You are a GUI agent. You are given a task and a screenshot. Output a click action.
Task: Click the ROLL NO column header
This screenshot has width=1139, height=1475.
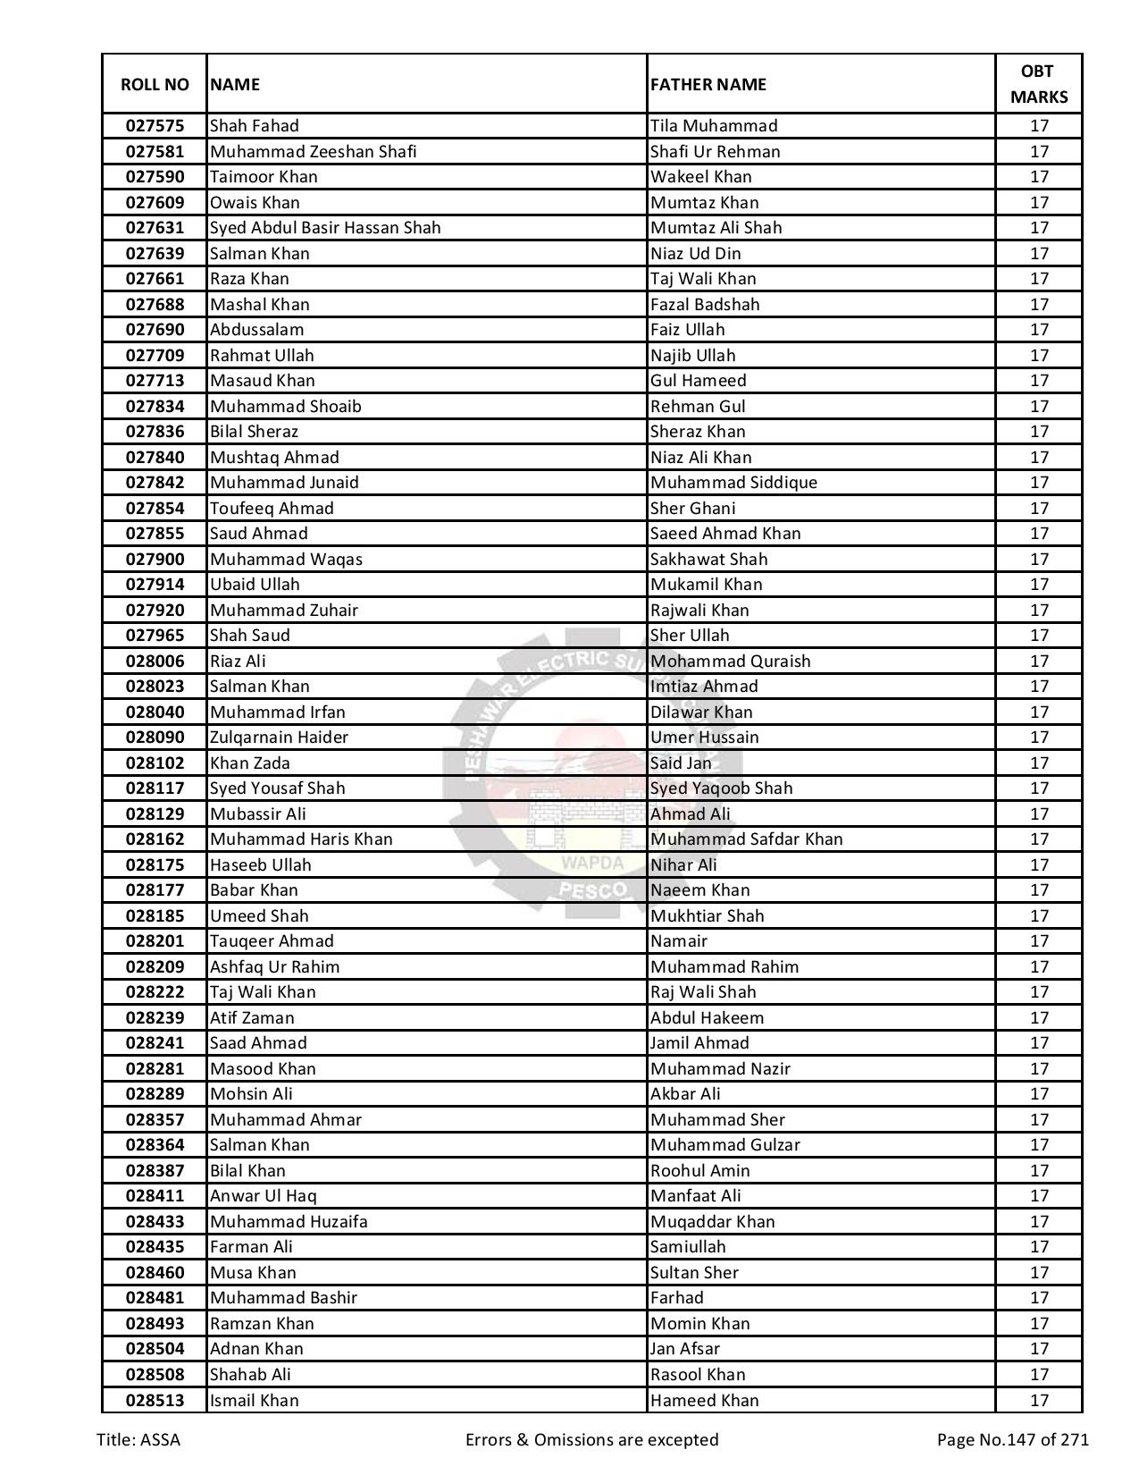pyautogui.click(x=155, y=84)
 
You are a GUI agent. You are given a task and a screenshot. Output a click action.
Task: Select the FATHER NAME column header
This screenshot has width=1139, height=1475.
pyautogui.click(x=708, y=84)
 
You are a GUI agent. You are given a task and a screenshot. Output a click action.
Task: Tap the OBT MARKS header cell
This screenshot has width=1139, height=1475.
pyautogui.click(x=1038, y=84)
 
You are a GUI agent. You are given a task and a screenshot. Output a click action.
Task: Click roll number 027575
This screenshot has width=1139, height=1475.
pyautogui.click(x=155, y=126)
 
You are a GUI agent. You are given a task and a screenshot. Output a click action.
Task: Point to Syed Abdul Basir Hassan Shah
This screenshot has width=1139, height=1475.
pyautogui.click(x=325, y=228)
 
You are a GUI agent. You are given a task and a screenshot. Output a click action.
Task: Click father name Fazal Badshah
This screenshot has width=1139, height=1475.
pyautogui.click(x=705, y=304)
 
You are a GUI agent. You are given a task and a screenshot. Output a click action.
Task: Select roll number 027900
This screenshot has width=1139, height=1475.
pyautogui.click(x=155, y=560)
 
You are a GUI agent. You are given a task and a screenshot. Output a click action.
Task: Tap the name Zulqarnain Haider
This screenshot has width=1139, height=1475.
pyautogui.click(x=279, y=737)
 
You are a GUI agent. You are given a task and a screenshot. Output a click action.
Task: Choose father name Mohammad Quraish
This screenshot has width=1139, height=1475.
pyautogui.click(x=731, y=662)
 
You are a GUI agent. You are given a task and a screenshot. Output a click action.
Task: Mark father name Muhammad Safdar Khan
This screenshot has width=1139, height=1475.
pyautogui.click(x=747, y=839)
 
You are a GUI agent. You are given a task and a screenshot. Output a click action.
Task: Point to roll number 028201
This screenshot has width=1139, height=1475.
pyautogui.click(x=155, y=941)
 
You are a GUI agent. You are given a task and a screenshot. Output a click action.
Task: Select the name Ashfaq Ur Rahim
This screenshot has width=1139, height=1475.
pyautogui.click(x=274, y=967)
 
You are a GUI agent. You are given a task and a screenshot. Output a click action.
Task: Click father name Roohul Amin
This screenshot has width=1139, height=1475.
pyautogui.click(x=700, y=1171)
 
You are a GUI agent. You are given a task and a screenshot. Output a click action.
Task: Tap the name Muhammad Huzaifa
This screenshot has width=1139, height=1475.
pyautogui.click(x=289, y=1222)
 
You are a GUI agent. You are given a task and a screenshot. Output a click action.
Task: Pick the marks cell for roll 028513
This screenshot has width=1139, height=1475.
pyautogui.click(x=1038, y=1401)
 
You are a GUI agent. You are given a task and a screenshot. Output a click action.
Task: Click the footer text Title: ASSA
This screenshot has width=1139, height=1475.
pyautogui.click(x=138, y=1440)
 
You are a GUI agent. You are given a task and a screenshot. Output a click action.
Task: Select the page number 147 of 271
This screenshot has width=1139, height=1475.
pyautogui.click(x=1012, y=1440)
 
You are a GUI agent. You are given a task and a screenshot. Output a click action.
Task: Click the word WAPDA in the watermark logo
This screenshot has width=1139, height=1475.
pyautogui.click(x=592, y=864)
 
